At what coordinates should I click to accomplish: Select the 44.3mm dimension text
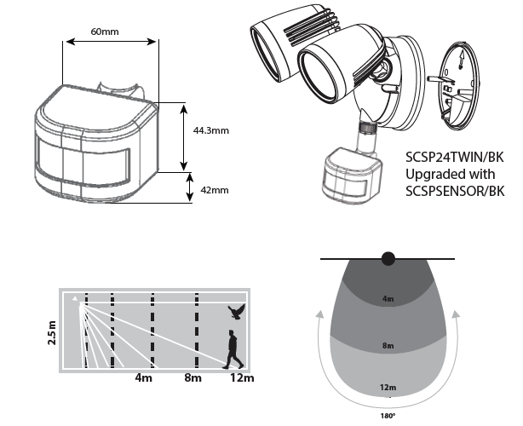point(211,131)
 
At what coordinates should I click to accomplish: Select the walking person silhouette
point(232,351)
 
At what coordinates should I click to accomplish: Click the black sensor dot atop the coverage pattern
point(389,258)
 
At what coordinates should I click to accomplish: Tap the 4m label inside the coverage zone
point(388,299)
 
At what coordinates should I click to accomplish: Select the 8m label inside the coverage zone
point(388,347)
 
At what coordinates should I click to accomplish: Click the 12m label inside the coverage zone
point(388,388)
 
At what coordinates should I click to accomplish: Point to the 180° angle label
point(388,418)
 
